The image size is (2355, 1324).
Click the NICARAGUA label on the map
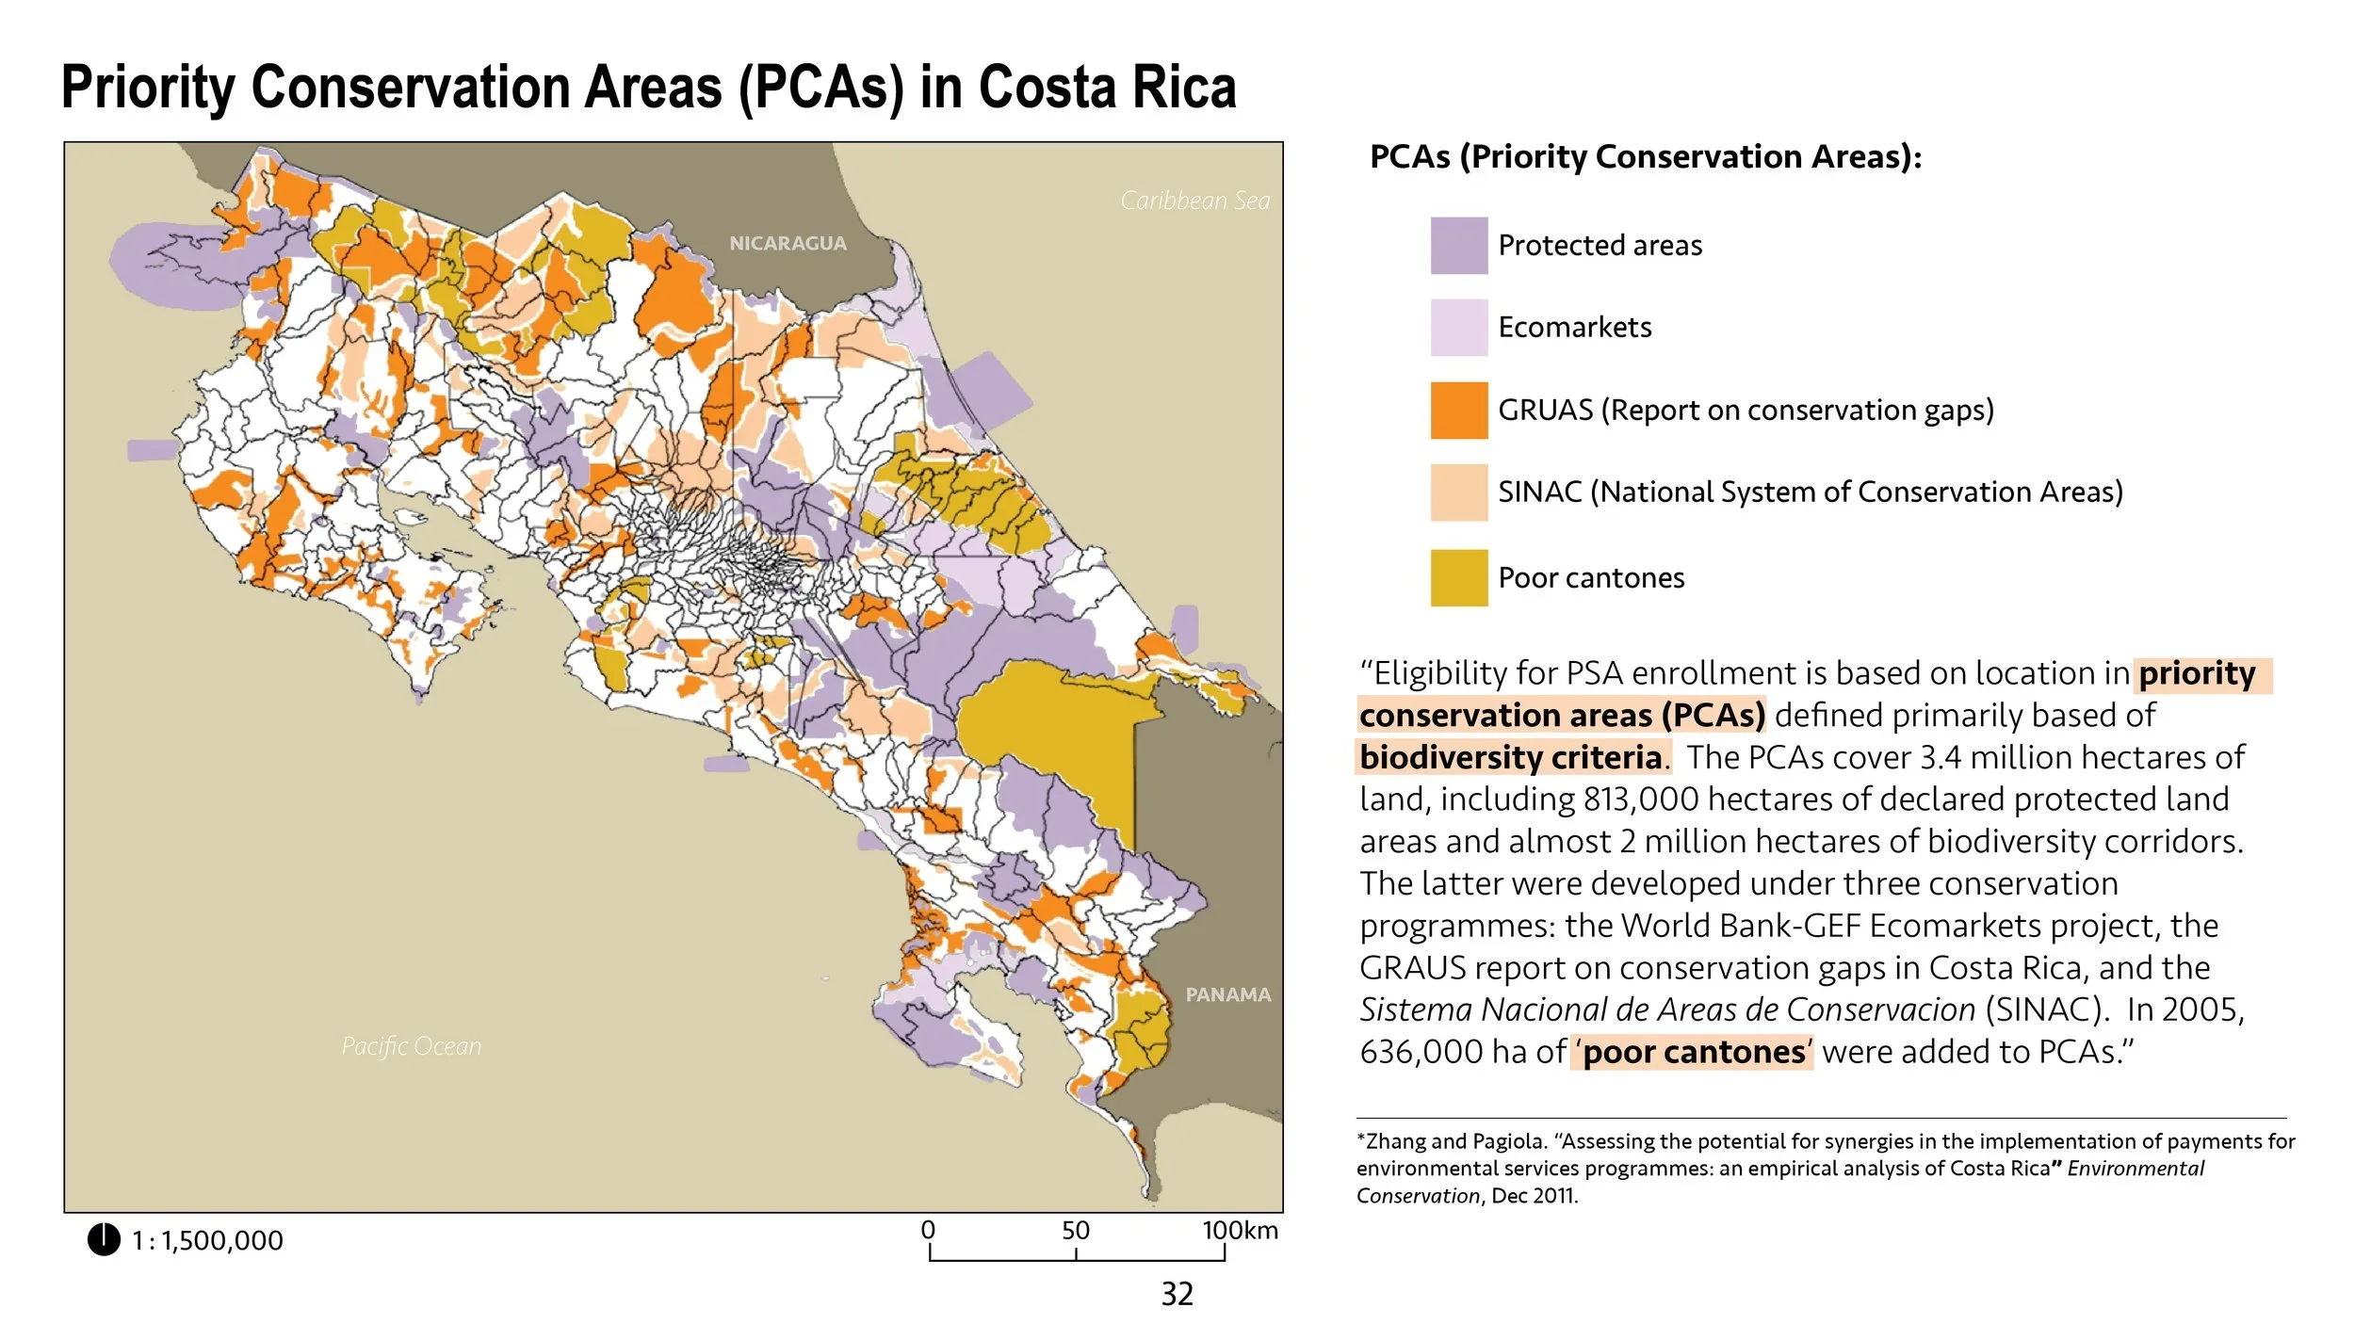[788, 243]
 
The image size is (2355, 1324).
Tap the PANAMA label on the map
[1227, 994]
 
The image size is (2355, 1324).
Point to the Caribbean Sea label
[1194, 201]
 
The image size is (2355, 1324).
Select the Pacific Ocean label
[411, 1045]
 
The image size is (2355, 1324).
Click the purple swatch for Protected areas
[1458, 246]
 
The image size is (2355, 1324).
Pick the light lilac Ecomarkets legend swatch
[1458, 328]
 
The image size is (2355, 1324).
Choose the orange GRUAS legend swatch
[1458, 411]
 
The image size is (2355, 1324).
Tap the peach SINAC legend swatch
[1458, 492]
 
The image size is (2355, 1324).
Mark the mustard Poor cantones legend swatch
[1458, 577]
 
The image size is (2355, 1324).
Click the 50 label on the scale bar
[1075, 1231]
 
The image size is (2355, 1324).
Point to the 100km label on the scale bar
[1240, 1231]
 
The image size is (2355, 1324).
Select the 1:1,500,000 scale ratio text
[207, 1241]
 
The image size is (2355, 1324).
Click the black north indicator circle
[104, 1239]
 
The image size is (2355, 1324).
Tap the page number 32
[1177, 1294]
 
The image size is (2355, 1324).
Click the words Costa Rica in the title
[1107, 88]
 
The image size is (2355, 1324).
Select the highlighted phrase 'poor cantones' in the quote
[1693, 1052]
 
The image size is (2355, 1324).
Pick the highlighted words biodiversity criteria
[1510, 757]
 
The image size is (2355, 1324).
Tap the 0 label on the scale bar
[928, 1230]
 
